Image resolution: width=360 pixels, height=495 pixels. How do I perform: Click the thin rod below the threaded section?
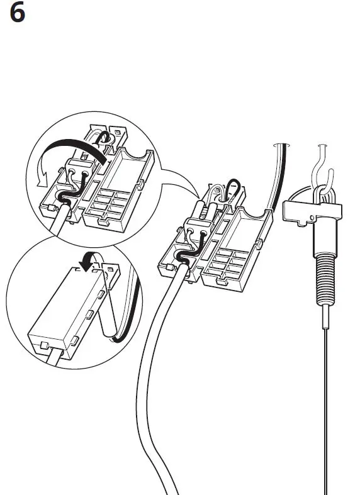click(x=325, y=390)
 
